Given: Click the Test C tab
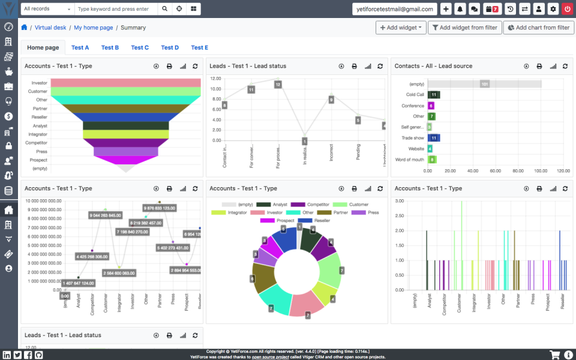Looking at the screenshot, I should point(140,47).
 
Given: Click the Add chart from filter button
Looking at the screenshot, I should point(538,28).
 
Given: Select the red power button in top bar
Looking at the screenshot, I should point(567,9).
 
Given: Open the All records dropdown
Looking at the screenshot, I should point(47,9).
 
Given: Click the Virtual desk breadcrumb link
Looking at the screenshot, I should point(50,28).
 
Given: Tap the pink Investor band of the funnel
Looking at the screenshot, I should point(125,83).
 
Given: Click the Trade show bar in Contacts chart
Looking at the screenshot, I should point(434,138).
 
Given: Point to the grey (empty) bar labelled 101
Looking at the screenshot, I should point(484,84).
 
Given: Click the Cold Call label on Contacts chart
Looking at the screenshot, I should point(415,95).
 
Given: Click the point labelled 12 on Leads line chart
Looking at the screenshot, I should point(278,85).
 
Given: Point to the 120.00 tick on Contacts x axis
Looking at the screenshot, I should point(563,171).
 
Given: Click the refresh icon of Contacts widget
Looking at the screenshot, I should point(565,66).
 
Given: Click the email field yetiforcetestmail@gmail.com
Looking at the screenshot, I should point(394,9).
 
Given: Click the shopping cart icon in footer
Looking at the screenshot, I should point(555,355).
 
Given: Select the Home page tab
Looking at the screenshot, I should point(43,47).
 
